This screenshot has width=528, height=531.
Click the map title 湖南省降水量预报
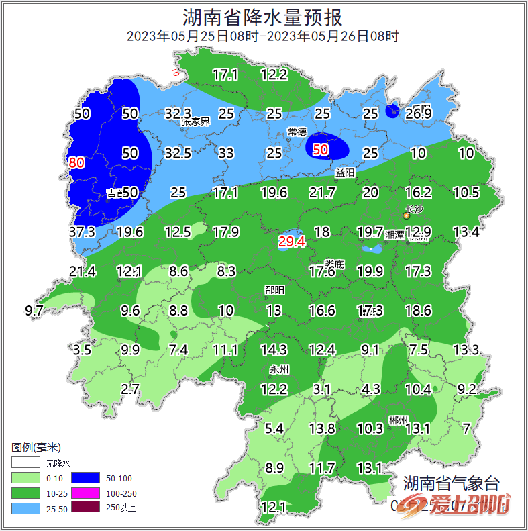click(x=263, y=16)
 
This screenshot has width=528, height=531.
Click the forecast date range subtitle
click(x=263, y=36)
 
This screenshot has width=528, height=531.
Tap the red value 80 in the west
click(x=76, y=162)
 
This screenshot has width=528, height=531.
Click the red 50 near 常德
click(x=321, y=150)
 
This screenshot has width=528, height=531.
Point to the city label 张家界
click(x=195, y=122)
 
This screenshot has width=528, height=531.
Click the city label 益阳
click(x=345, y=173)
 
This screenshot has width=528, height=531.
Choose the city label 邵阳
click(x=274, y=290)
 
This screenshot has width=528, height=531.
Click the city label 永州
click(x=278, y=369)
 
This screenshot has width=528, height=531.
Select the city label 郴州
click(x=398, y=420)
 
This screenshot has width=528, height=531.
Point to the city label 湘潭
click(x=394, y=235)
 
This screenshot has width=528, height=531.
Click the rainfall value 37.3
click(x=83, y=232)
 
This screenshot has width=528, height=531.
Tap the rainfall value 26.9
click(x=418, y=113)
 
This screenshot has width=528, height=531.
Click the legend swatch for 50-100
click(x=87, y=478)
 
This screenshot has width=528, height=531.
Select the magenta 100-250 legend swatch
click(x=87, y=493)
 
